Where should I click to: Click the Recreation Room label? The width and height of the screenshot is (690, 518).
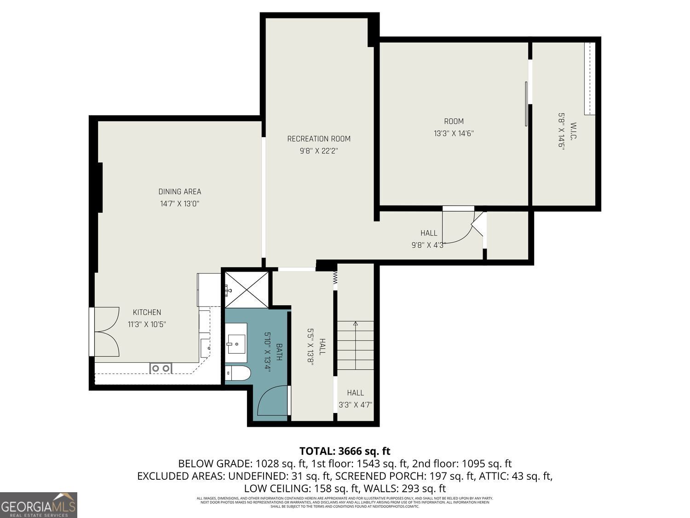(319, 139)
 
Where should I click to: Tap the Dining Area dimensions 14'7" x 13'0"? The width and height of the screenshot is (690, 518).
(179, 204)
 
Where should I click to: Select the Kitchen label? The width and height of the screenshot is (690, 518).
(147, 312)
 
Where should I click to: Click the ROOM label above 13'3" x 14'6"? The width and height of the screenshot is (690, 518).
(454, 122)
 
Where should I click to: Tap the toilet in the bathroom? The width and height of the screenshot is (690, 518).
(238, 373)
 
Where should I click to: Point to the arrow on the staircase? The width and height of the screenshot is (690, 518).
(355, 324)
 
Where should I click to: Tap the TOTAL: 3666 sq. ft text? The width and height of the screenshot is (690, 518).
(345, 451)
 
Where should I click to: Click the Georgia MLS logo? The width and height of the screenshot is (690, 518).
(39, 505)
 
